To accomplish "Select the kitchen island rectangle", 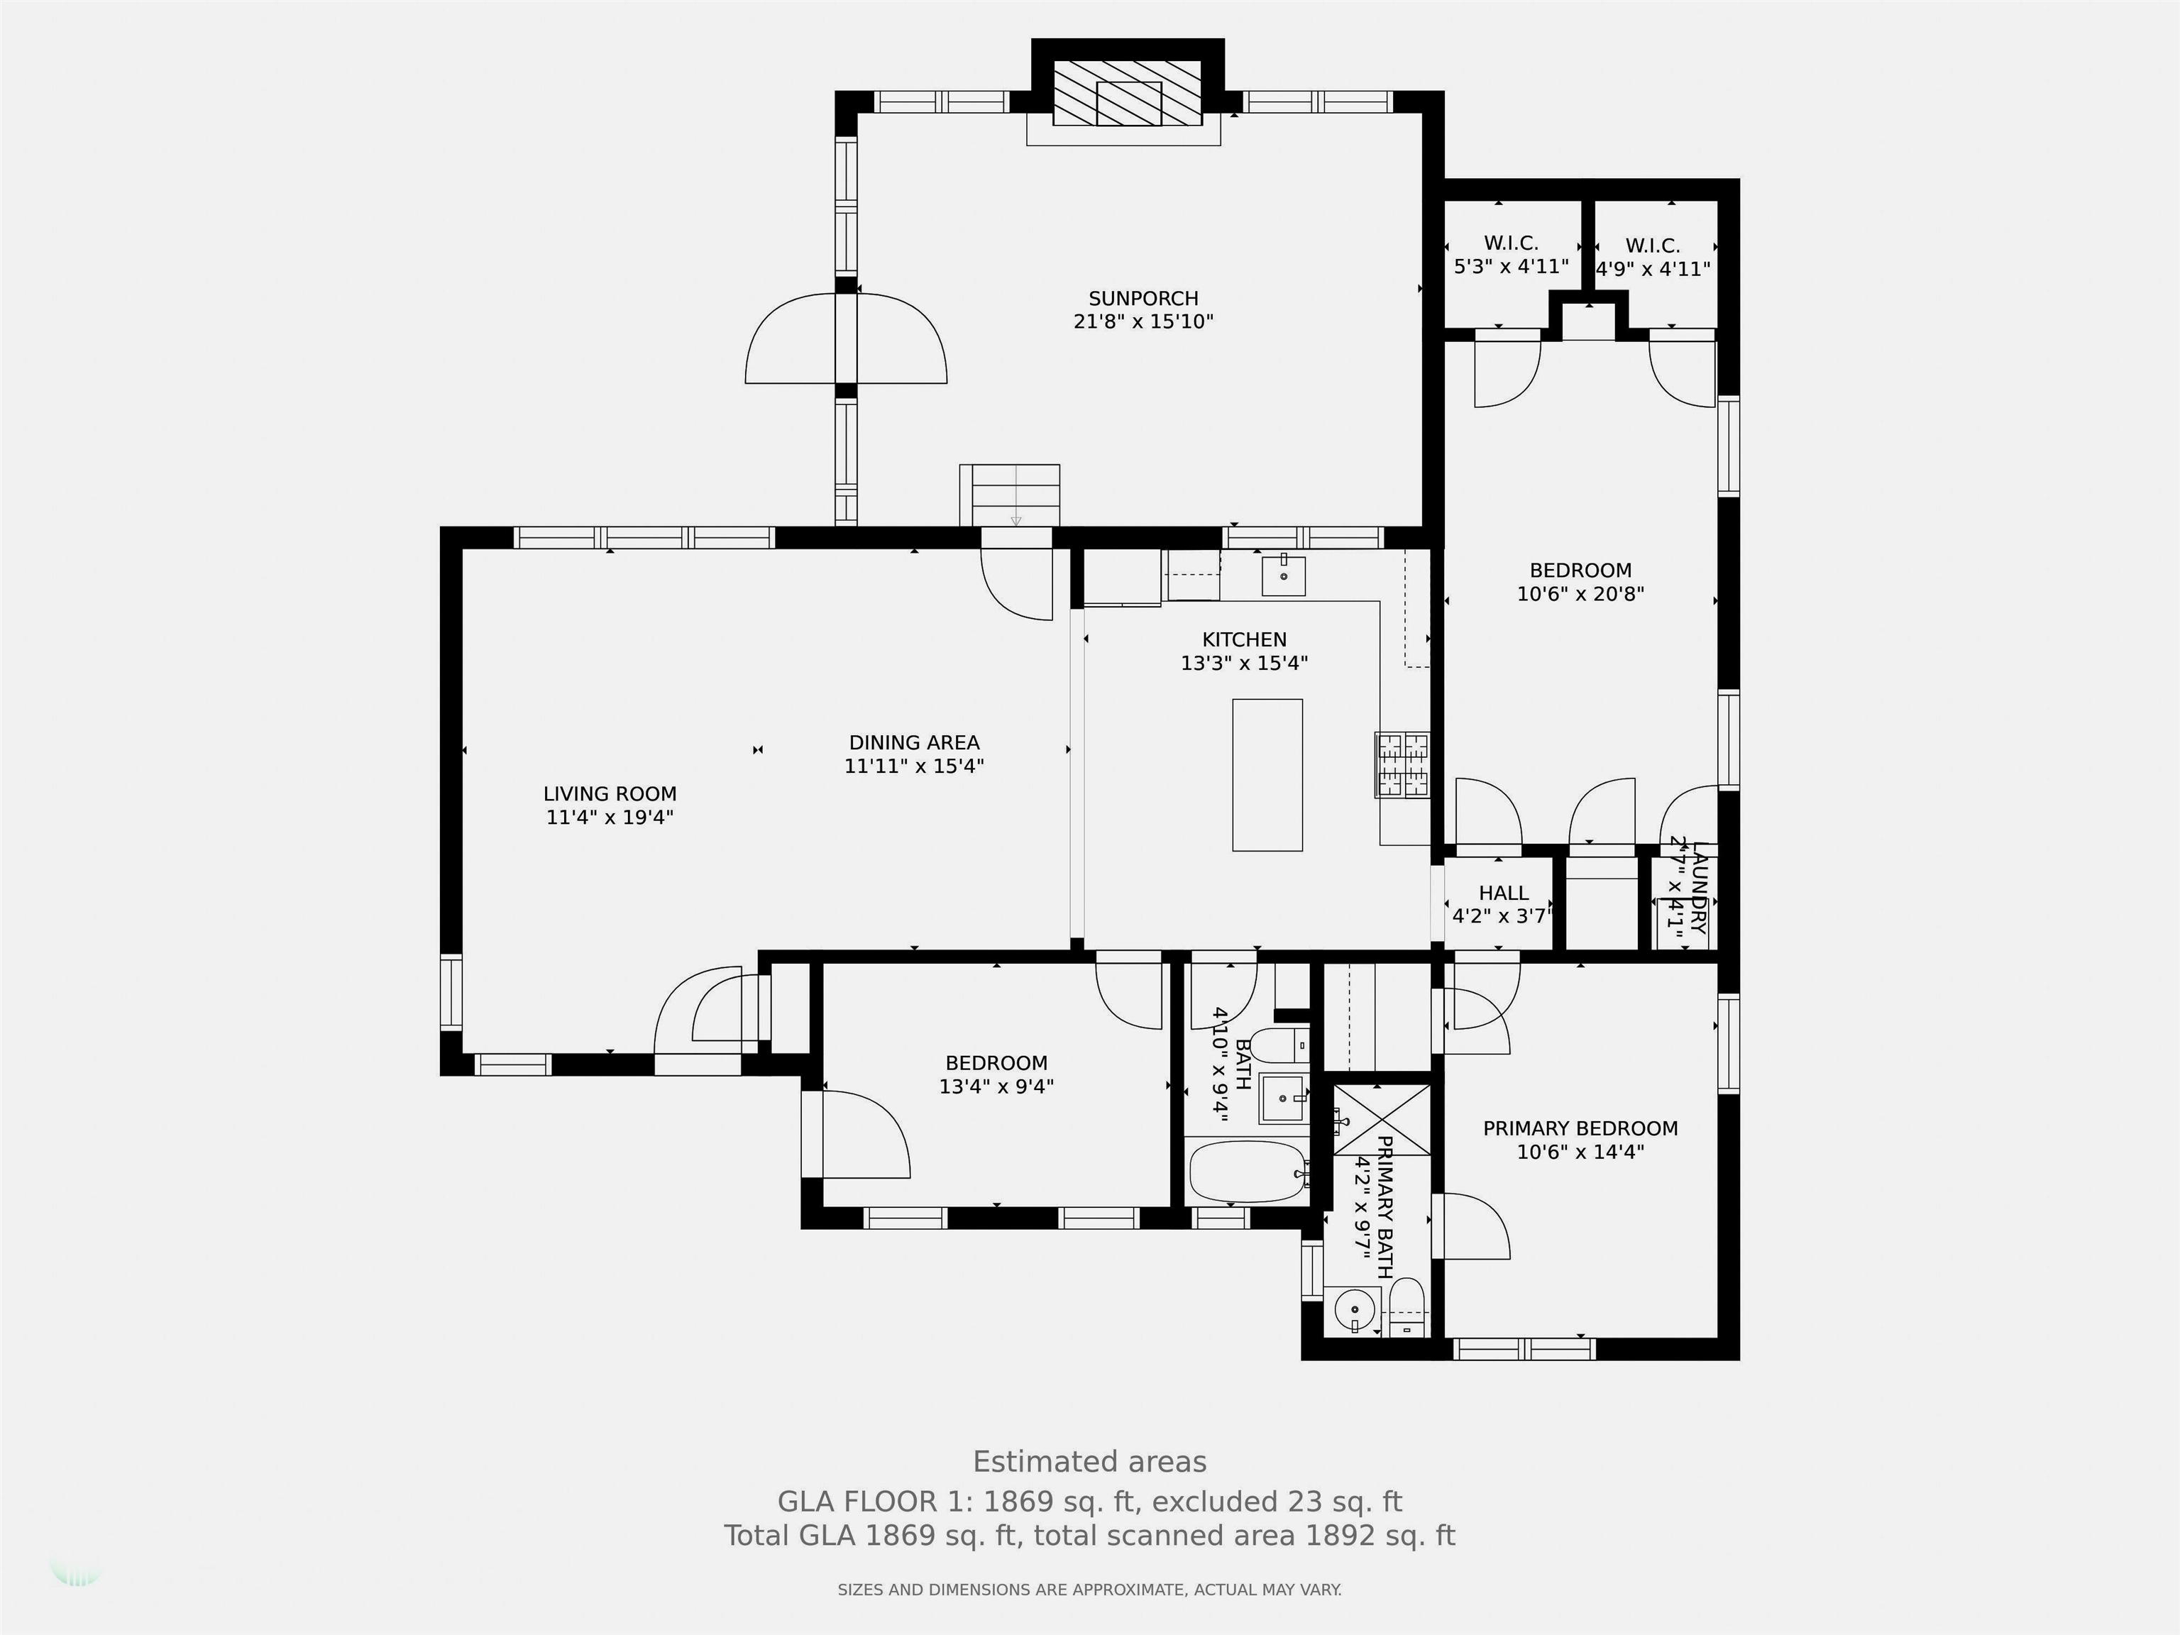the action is (x=1267, y=775).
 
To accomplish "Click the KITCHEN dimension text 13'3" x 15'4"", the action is (x=1244, y=664).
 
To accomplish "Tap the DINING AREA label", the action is (x=915, y=743).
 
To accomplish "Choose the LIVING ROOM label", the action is (x=610, y=794).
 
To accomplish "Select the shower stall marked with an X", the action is (x=1382, y=1120).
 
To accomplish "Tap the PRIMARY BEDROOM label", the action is (x=1580, y=1128).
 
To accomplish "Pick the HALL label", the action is (x=1503, y=893).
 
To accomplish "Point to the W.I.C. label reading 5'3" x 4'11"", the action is (x=1511, y=254).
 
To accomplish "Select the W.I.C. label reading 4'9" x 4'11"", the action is (x=1653, y=257).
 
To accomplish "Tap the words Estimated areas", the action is (x=1089, y=1462).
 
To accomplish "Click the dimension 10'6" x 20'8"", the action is (x=1580, y=594).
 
